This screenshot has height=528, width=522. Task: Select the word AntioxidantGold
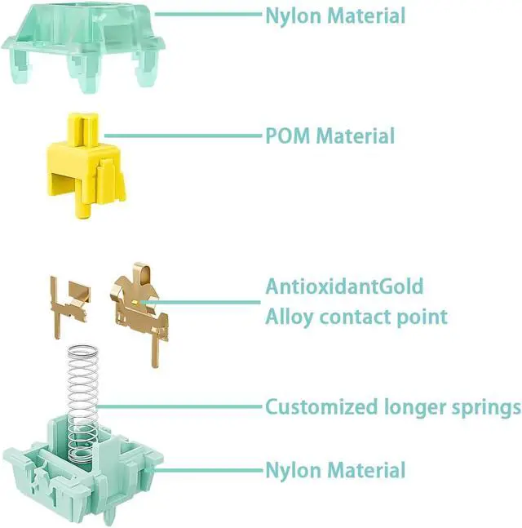pos(343,286)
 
